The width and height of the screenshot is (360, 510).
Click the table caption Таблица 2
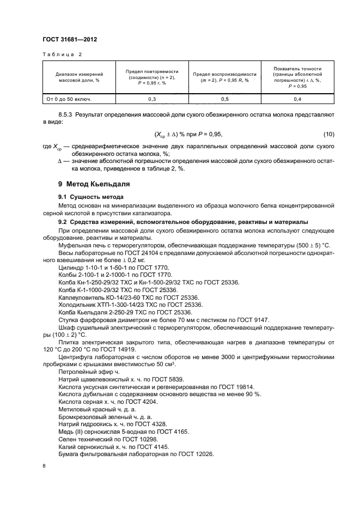click(x=62, y=56)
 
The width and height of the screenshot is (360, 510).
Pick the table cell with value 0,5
click(x=224, y=99)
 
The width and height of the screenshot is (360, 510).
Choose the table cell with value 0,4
click(x=297, y=99)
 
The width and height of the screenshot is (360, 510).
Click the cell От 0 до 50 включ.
click(x=69, y=99)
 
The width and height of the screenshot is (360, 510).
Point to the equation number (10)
click(x=328, y=135)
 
